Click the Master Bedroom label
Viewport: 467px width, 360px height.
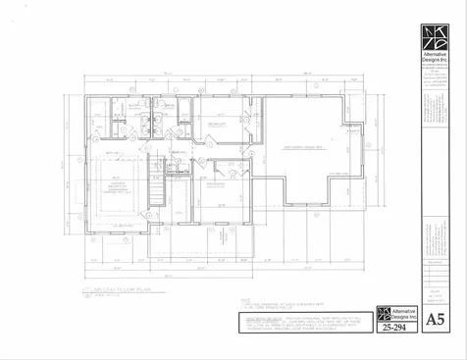coord(118,187)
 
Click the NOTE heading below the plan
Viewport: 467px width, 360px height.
coord(245,301)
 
